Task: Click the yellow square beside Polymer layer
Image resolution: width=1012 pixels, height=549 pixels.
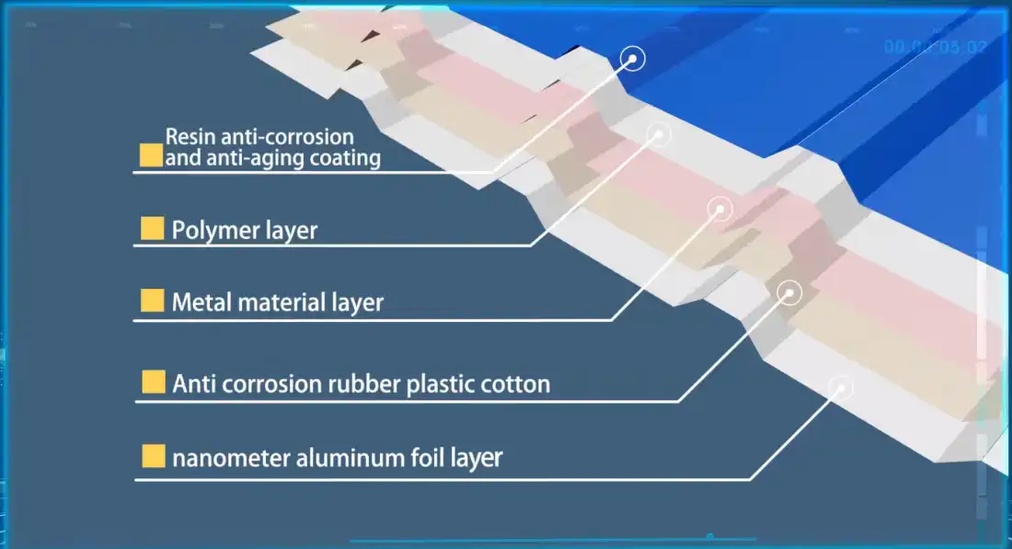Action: click(x=152, y=229)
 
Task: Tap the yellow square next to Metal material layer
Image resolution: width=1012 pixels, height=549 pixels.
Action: click(x=152, y=301)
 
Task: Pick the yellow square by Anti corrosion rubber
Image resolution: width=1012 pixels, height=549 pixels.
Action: click(x=153, y=383)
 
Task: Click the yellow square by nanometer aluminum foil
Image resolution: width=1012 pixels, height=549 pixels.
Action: click(x=153, y=455)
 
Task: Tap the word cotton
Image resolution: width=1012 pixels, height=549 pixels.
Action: click(x=516, y=383)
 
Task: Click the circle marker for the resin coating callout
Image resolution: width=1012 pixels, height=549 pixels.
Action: click(x=633, y=59)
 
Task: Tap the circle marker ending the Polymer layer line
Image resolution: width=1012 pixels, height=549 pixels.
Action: click(x=659, y=134)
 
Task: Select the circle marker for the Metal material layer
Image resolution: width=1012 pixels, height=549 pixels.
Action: click(x=720, y=209)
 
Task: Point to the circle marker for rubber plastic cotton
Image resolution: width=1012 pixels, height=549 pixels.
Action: click(x=789, y=292)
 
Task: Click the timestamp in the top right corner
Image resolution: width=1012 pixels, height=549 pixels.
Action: click(x=934, y=46)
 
